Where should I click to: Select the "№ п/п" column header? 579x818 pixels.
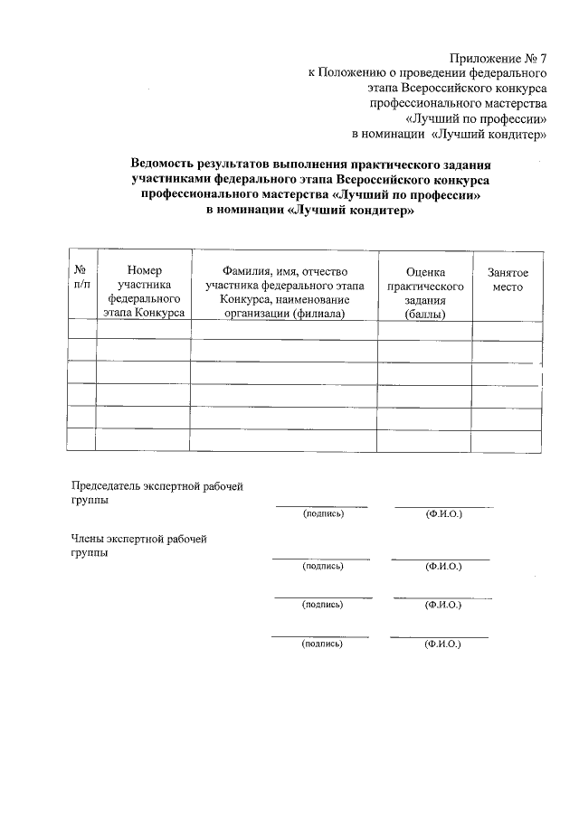(x=81, y=277)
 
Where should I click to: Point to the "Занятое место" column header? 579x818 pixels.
(x=508, y=278)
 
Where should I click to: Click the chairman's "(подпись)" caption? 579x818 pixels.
(x=323, y=514)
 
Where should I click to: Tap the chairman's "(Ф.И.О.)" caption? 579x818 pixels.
(x=443, y=514)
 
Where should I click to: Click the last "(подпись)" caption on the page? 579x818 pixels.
(x=323, y=644)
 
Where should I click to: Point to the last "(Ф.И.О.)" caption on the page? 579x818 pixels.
(x=441, y=644)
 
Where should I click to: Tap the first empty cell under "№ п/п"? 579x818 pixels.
(x=81, y=329)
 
